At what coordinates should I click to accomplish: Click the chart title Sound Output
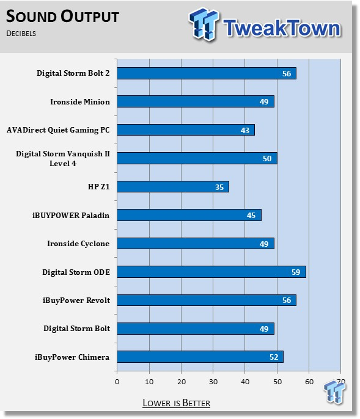click(62, 16)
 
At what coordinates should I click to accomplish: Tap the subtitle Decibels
click(21, 34)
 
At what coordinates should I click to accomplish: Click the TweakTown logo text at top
click(282, 27)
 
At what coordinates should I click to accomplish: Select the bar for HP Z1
click(173, 186)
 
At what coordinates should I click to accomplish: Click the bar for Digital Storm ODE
click(211, 272)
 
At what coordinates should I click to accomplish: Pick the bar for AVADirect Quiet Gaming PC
click(186, 130)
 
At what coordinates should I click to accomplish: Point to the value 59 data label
click(296, 272)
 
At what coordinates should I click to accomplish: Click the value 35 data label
click(219, 187)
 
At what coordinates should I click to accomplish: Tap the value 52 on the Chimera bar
click(274, 357)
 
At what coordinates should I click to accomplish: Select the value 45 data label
click(251, 216)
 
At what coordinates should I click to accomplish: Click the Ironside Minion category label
click(80, 102)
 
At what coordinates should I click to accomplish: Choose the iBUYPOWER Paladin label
click(71, 216)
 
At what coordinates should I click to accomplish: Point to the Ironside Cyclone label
click(78, 244)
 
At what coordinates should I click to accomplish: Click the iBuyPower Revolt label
click(76, 301)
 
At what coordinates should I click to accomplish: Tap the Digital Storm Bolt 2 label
click(73, 73)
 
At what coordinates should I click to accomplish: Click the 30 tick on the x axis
click(213, 382)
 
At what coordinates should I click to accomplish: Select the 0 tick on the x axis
click(117, 382)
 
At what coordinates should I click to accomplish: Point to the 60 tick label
click(309, 382)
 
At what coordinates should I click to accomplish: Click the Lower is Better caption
click(176, 403)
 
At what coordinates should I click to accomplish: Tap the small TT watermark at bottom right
click(334, 392)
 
